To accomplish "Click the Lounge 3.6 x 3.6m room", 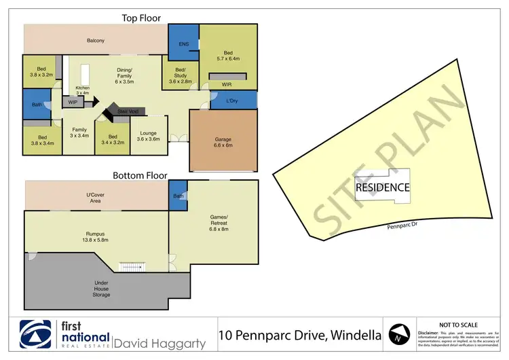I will [149, 136].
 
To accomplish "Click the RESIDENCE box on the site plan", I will [383, 187].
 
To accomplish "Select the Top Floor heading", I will [140, 18].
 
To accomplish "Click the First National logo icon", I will [36, 335].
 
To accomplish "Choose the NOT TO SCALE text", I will [459, 325].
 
